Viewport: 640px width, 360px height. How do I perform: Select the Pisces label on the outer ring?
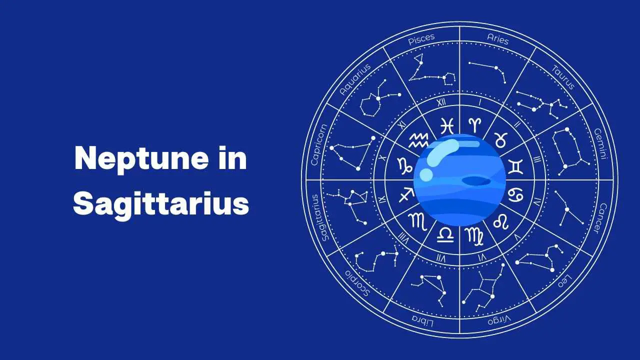(x=421, y=39)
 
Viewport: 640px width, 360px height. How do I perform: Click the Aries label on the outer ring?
(x=497, y=39)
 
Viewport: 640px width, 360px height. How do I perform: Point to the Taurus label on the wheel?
(x=563, y=77)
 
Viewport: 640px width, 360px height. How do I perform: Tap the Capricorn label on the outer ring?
(x=319, y=144)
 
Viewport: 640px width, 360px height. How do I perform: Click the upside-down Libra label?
(x=422, y=321)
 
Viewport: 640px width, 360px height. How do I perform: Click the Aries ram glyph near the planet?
(x=475, y=124)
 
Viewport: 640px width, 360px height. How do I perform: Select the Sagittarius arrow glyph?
(x=406, y=195)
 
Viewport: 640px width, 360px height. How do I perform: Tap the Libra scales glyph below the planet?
(x=445, y=235)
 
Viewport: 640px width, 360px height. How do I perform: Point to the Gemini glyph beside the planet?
(x=515, y=166)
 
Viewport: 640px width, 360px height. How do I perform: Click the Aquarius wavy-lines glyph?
(x=418, y=140)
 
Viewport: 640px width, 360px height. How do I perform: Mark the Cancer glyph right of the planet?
(x=515, y=195)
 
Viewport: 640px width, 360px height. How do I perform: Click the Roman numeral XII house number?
(x=441, y=102)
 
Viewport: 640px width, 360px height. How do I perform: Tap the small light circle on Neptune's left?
(x=426, y=174)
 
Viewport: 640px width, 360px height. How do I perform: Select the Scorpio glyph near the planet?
(x=417, y=221)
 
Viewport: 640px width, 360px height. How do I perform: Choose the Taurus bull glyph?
(x=501, y=139)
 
